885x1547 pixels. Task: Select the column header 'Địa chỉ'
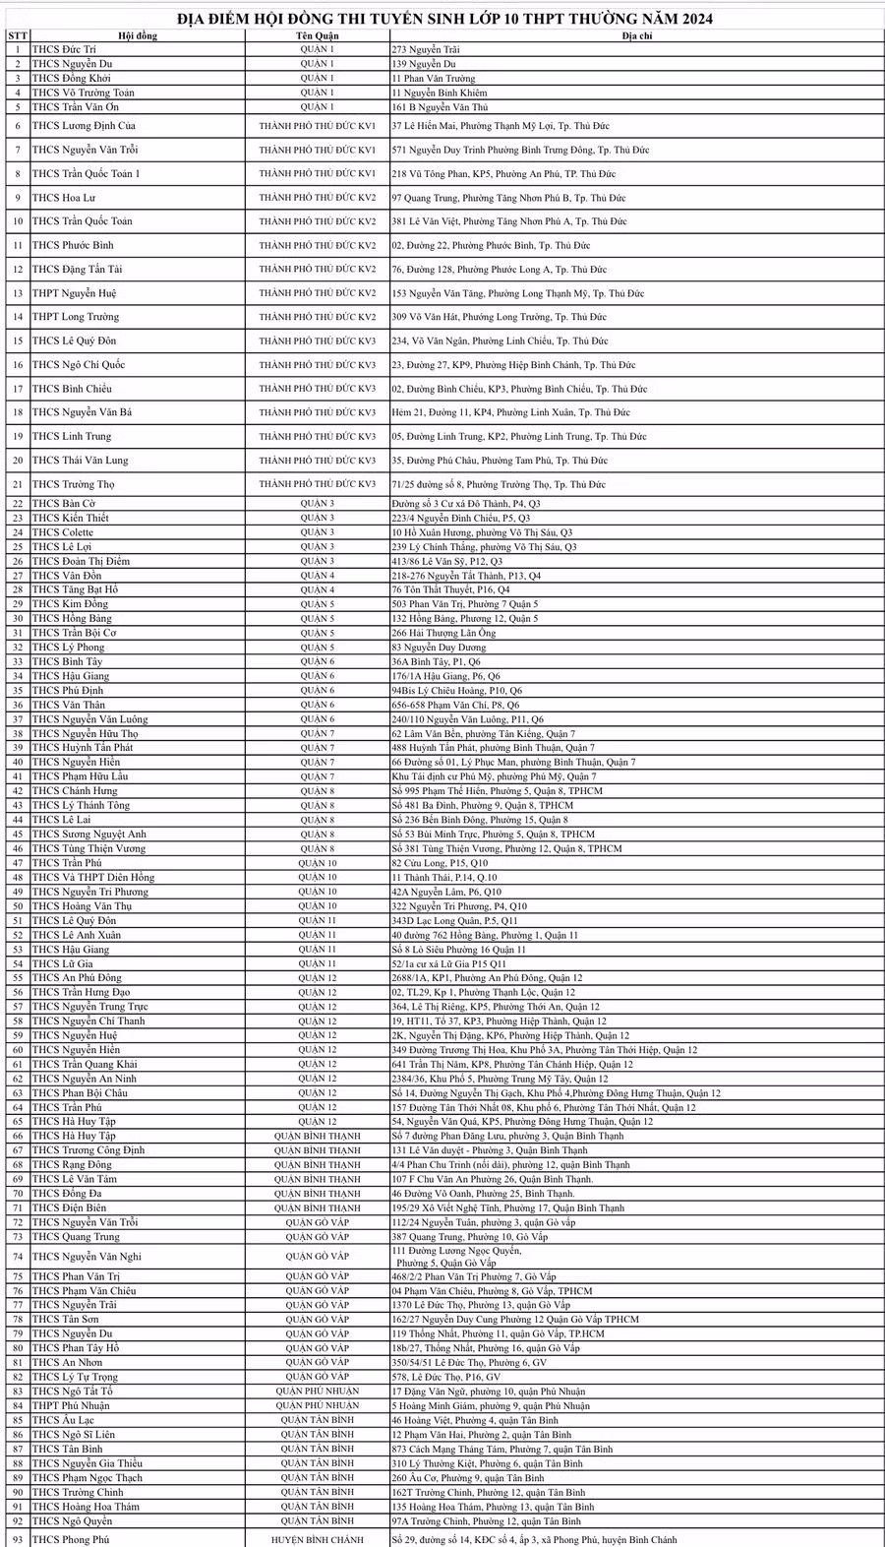636,35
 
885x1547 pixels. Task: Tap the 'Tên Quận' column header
317,35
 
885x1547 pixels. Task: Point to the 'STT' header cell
17,35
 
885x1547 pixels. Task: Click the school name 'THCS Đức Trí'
64,49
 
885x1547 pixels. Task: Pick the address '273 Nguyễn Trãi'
426,49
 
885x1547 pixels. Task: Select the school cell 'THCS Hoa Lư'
64,198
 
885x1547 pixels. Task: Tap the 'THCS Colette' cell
63,532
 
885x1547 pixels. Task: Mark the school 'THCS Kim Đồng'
68,604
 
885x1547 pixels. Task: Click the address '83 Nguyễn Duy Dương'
439,648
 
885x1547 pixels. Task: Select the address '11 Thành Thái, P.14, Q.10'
444,878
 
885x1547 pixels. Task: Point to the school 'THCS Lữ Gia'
63,964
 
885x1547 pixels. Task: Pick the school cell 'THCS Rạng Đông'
72,1165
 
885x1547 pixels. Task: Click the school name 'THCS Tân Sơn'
65,1320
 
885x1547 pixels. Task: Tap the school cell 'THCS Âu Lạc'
63,1421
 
